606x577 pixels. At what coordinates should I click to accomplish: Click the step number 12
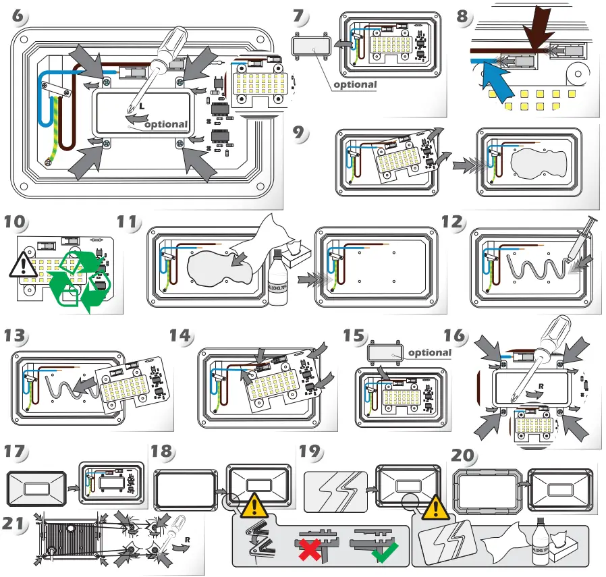click(453, 223)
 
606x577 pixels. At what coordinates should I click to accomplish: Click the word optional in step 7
click(356, 84)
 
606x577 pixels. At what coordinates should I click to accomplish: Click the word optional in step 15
click(430, 352)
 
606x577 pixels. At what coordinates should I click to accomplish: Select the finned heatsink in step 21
click(67, 539)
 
